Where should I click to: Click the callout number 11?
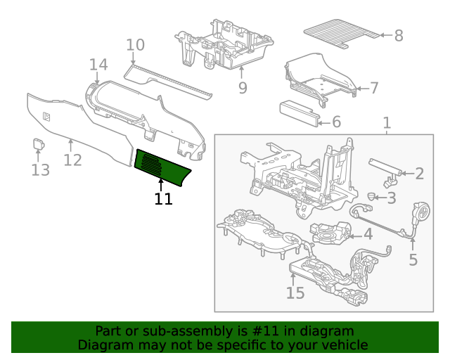(x=163, y=199)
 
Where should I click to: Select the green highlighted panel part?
(x=162, y=166)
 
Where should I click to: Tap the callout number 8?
(x=398, y=34)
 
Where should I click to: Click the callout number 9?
(x=242, y=88)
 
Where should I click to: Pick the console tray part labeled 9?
(x=225, y=46)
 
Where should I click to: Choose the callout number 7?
(x=374, y=88)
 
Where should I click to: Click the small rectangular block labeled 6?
(x=299, y=112)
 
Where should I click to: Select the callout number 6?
(x=335, y=122)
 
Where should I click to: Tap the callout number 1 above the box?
(x=386, y=124)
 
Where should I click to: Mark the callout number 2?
(x=419, y=174)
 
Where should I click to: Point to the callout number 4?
(x=367, y=234)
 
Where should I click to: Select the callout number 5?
(x=413, y=259)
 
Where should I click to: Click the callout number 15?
(x=295, y=292)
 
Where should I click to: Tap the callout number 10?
(x=135, y=45)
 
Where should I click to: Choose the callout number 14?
(x=98, y=65)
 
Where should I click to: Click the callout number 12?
(x=72, y=160)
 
